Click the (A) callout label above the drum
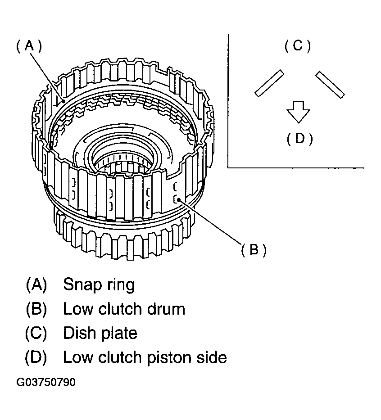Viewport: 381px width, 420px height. point(29,46)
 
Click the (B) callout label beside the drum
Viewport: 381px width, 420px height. point(254,250)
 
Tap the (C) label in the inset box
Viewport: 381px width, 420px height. point(297,46)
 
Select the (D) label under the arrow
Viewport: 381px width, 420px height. point(300,139)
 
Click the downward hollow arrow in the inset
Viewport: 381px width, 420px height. point(298,112)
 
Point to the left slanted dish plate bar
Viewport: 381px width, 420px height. point(269,83)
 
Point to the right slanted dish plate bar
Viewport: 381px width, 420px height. point(330,85)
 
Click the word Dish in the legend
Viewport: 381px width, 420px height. point(78,333)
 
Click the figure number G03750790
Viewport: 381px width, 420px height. point(46,382)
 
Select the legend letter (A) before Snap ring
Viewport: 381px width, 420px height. point(36,285)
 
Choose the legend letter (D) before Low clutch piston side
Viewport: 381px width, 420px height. point(36,357)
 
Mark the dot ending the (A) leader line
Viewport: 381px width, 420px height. point(63,101)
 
